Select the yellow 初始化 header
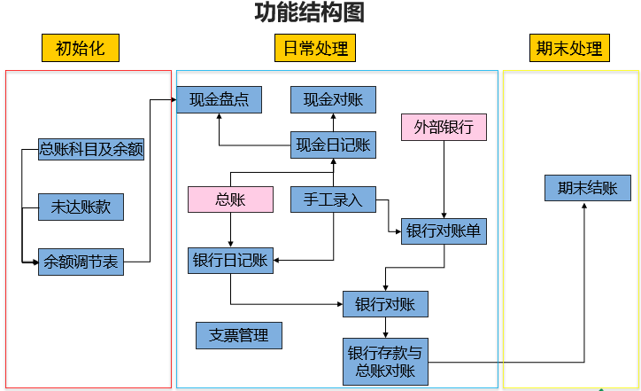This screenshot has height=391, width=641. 80,48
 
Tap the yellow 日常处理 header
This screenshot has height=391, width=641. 315,48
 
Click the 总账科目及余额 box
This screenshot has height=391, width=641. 91,150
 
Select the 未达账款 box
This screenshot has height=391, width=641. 81,207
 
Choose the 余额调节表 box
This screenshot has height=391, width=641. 81,262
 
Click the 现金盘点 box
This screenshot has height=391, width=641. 219,99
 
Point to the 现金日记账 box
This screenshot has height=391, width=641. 333,145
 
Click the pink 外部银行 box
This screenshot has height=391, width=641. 444,127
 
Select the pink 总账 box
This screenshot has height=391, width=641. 230,199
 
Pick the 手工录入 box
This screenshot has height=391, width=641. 333,199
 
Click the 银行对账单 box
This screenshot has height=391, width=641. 444,231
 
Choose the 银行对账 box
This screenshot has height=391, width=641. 385,304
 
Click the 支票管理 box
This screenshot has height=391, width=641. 238,335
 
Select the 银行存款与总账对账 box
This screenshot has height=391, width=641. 385,361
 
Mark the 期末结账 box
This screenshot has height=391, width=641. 587,188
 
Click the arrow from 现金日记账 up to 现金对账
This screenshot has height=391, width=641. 333,122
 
